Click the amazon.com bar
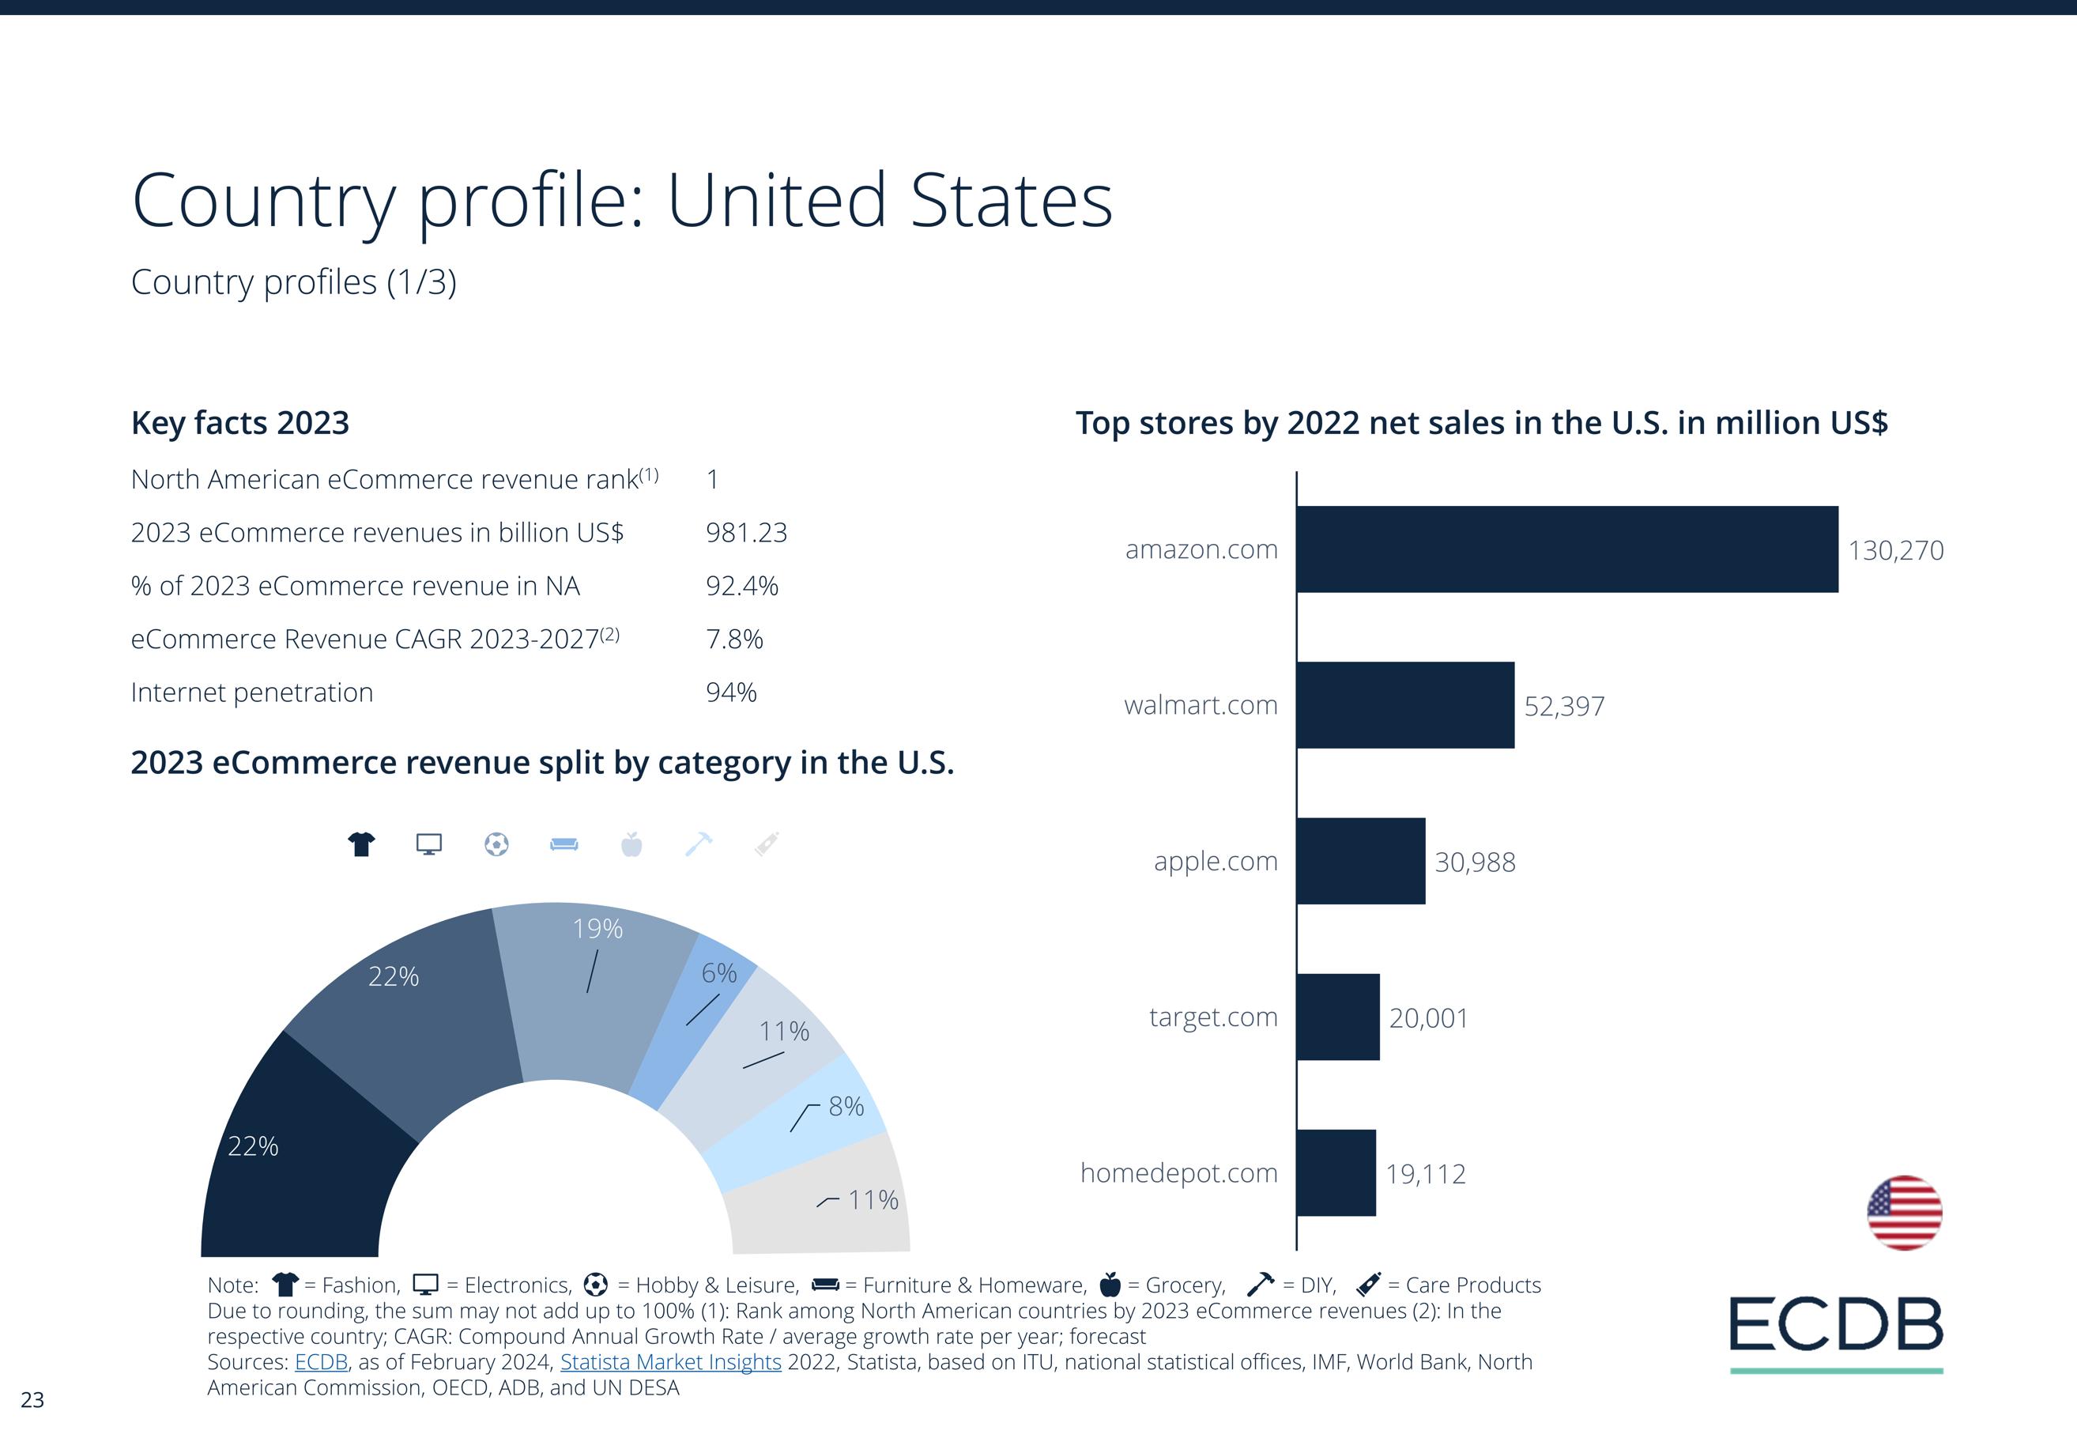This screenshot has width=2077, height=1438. click(1566, 549)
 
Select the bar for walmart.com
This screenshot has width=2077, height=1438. click(1405, 704)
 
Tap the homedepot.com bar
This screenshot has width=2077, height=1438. click(1336, 1172)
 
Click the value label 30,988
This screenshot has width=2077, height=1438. click(1475, 862)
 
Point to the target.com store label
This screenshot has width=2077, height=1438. click(1212, 1017)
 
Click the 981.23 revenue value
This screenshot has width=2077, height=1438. click(746, 533)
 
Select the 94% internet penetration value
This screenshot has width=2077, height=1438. click(730, 692)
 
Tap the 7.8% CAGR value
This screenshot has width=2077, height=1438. click(734, 639)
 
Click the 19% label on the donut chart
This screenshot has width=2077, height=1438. click(597, 928)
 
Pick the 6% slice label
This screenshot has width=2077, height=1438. click(718, 973)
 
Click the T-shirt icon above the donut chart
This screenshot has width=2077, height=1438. click(361, 844)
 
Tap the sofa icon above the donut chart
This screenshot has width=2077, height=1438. click(564, 844)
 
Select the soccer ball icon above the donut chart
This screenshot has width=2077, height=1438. click(496, 844)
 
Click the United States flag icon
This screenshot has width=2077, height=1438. click(1904, 1212)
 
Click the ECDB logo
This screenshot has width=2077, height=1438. click(1836, 1326)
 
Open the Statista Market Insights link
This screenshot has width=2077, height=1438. click(670, 1361)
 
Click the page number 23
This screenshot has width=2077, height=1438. click(32, 1399)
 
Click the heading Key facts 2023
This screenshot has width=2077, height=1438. click(239, 423)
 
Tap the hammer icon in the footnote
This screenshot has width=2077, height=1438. click(1260, 1283)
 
